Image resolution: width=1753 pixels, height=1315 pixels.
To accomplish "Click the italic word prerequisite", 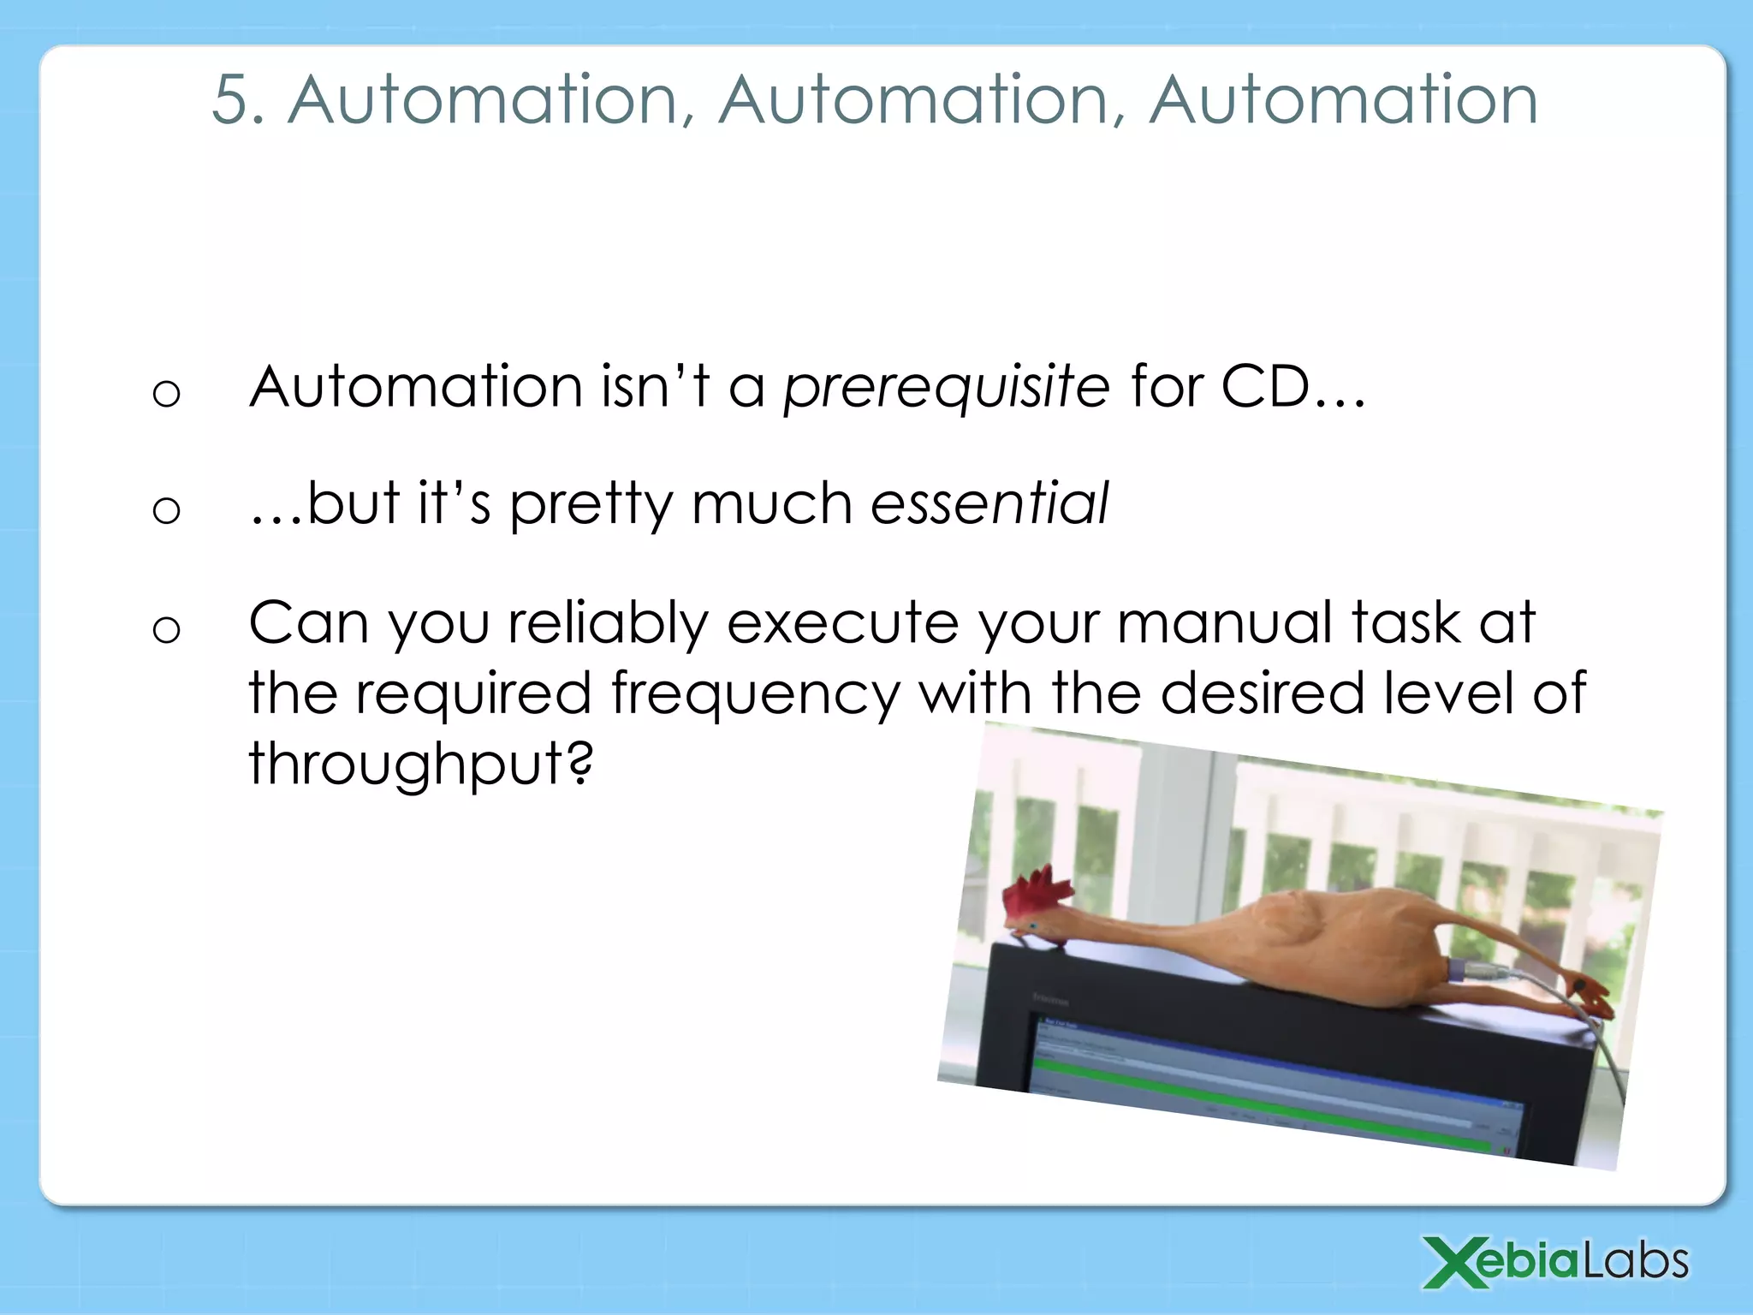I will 947,388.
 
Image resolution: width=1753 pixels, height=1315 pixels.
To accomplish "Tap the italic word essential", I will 989,503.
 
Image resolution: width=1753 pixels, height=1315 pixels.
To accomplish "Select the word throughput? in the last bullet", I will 420,763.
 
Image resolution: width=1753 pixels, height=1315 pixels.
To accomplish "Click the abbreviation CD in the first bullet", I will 1265,388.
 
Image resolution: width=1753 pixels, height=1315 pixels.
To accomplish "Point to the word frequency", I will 755,693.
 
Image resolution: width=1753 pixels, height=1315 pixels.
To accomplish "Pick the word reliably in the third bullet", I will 608,622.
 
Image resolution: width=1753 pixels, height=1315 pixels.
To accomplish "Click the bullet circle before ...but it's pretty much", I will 166,511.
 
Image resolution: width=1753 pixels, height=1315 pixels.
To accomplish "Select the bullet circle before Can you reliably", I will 166,630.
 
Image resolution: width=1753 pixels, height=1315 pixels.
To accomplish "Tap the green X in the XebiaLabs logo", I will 1458,1262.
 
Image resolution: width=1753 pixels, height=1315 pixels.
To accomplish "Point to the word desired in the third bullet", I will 1262,693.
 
